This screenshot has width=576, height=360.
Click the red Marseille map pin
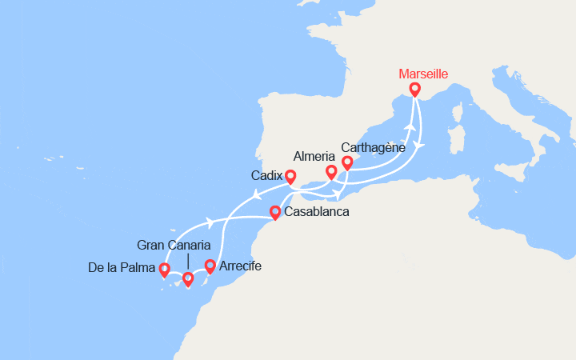pos(414,89)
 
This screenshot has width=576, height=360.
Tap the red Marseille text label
pos(423,74)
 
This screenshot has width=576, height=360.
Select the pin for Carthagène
pos(347,162)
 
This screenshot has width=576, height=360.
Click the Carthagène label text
pos(373,148)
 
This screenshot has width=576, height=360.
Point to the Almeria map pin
pos(331,171)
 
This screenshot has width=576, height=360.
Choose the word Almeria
pos(315,156)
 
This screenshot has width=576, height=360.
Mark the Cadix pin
pos(290,176)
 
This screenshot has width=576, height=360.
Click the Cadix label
pos(266,176)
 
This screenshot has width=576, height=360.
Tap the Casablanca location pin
pos(275,212)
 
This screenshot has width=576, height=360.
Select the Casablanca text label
pos(316,213)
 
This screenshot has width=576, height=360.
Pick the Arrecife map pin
pos(210,266)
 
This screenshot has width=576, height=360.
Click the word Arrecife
pos(239,266)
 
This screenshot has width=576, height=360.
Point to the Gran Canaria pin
pos(188,278)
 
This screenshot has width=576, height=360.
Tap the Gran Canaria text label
pos(174,245)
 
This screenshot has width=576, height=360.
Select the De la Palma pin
pos(164,270)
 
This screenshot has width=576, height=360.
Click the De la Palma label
pos(122,268)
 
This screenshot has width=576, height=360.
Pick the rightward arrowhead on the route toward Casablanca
pos(210,222)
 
